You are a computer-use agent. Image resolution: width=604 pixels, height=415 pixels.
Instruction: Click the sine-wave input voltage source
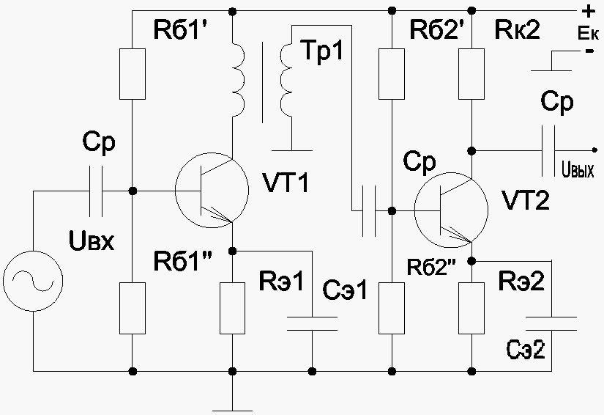33,281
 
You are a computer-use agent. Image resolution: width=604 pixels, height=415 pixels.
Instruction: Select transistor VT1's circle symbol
212,190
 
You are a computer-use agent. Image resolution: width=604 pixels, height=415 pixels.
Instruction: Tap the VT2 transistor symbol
452,210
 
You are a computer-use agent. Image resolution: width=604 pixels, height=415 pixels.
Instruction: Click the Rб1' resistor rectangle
133,74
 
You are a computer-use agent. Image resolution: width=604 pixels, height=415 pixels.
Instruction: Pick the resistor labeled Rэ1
232,308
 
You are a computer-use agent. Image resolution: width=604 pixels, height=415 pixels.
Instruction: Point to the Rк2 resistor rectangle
471,74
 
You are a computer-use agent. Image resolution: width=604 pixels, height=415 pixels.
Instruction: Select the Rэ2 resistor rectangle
471,308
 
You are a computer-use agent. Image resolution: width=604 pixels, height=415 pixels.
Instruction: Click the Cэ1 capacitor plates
313,323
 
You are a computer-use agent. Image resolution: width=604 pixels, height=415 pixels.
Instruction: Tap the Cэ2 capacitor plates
551,323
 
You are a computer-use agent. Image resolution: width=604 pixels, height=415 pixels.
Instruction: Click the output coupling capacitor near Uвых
548,151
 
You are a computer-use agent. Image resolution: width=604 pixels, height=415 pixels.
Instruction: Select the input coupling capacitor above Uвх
97,191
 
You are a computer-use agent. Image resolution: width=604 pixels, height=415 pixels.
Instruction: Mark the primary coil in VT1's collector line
238,78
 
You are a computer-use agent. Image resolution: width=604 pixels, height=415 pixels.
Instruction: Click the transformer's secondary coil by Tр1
287,78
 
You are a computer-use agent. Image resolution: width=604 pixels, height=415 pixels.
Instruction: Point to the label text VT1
286,183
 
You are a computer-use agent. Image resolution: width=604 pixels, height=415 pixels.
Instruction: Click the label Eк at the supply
588,34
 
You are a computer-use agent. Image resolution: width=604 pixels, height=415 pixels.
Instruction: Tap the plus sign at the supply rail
588,12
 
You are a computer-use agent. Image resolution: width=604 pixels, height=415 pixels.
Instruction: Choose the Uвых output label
578,170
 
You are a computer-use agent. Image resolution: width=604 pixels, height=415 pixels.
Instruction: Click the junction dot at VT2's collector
471,151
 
